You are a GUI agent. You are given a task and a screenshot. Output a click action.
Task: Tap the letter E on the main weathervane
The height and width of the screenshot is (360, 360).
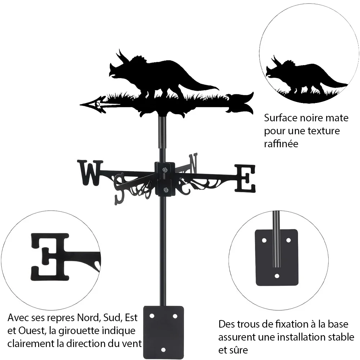point(245,179)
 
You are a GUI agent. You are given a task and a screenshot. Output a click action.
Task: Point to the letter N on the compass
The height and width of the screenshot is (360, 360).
point(193,163)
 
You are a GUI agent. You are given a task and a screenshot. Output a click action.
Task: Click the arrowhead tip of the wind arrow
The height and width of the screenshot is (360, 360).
point(80,105)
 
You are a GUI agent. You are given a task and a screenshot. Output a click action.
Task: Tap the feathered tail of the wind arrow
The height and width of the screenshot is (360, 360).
point(240,103)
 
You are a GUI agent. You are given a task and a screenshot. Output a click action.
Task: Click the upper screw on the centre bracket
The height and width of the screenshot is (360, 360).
point(165,170)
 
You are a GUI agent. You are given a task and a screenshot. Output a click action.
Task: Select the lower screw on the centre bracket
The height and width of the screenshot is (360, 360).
point(165,190)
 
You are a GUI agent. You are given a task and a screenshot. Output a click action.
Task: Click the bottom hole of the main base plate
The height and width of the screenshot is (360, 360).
point(163,350)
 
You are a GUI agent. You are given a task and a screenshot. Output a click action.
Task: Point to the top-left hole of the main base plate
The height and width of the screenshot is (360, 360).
point(152,316)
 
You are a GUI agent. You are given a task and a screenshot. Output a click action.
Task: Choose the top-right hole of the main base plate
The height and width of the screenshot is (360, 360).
point(175,316)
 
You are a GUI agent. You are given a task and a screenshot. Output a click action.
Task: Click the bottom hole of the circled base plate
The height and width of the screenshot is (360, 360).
point(277,276)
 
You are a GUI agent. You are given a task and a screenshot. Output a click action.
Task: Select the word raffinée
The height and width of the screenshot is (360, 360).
point(281,144)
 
